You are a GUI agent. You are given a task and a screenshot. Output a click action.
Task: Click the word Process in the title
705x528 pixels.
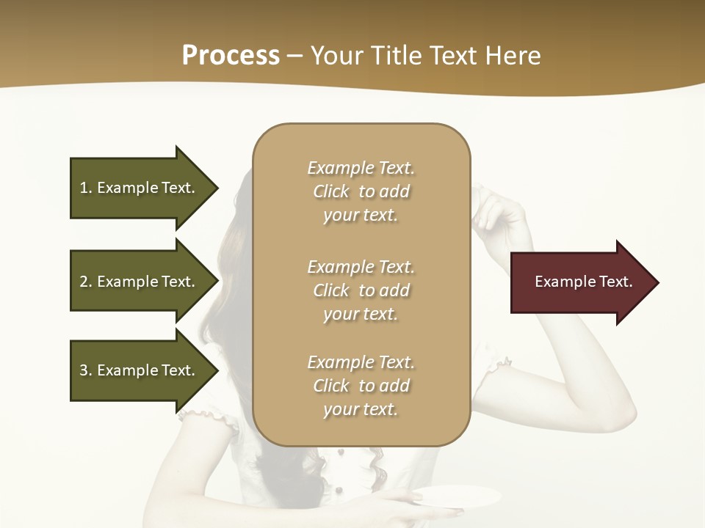[231, 56]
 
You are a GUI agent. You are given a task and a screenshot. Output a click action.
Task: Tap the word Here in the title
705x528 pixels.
[513, 56]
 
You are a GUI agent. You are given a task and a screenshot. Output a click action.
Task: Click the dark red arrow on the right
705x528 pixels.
[580, 282]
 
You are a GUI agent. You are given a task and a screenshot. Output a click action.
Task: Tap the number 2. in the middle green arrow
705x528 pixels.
[85, 282]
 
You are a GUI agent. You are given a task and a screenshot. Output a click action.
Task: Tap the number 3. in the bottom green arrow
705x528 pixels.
[85, 370]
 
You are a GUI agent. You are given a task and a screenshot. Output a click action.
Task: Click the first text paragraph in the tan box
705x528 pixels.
[361, 191]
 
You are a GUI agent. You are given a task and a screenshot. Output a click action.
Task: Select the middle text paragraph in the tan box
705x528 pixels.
[361, 290]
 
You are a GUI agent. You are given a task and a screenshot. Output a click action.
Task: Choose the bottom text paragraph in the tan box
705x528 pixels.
[361, 386]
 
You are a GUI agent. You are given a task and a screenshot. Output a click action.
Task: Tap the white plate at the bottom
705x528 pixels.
[459, 495]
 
